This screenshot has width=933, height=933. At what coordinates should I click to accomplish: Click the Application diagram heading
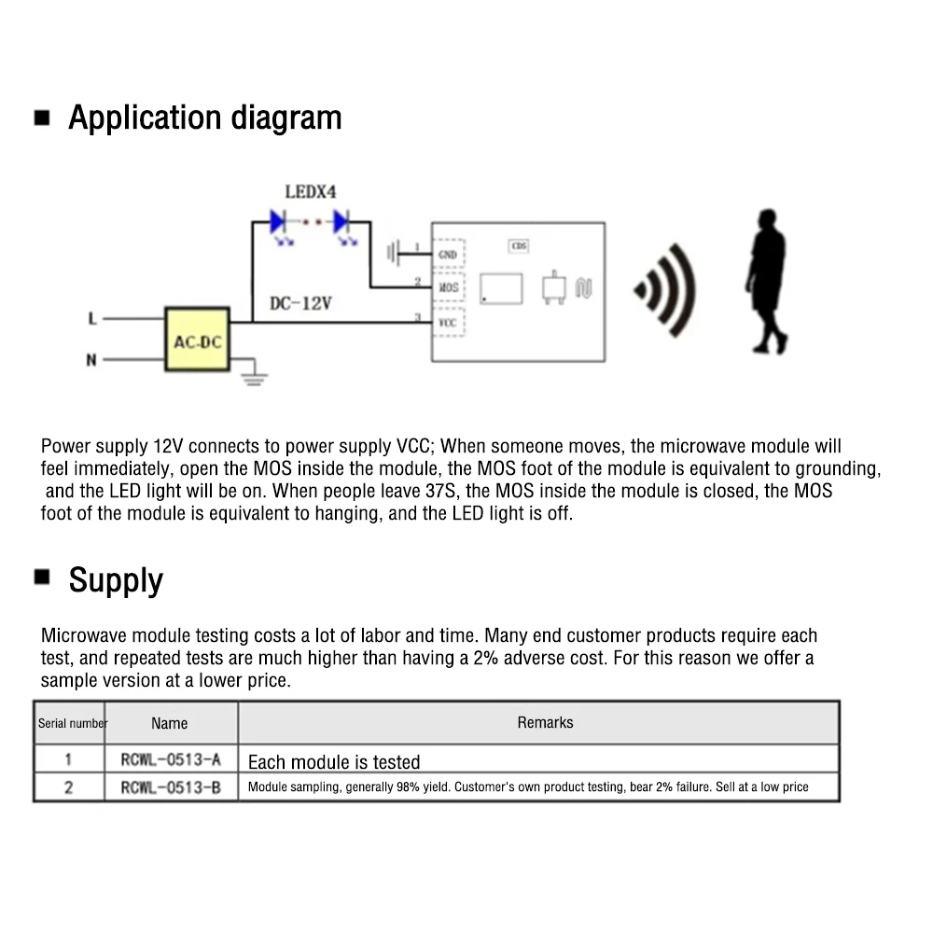coord(204,118)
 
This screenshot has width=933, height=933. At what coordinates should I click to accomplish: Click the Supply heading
coord(115,580)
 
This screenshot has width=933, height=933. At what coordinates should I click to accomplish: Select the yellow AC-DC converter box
coord(197,341)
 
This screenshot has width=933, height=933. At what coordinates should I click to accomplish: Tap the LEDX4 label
coord(310,192)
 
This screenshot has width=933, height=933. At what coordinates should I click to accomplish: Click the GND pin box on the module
coord(448,254)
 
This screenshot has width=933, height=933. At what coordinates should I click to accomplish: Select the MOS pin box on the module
coord(448,287)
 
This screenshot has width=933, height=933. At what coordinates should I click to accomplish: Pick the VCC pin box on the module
coord(448,321)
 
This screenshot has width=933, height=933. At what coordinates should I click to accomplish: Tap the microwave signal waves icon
coord(664,291)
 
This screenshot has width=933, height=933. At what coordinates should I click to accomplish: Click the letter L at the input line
coord(91,319)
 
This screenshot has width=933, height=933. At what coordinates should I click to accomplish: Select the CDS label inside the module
coord(519,246)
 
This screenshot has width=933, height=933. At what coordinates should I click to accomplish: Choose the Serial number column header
coord(73,723)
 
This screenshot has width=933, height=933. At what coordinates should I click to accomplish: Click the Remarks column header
coord(545,722)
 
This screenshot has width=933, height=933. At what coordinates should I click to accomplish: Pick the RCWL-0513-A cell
coord(171,760)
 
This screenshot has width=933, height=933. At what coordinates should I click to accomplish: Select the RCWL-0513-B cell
coord(171,787)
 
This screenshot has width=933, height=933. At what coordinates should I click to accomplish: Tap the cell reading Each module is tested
coord(334,762)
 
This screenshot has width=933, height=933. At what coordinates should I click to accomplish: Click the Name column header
coord(169,723)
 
